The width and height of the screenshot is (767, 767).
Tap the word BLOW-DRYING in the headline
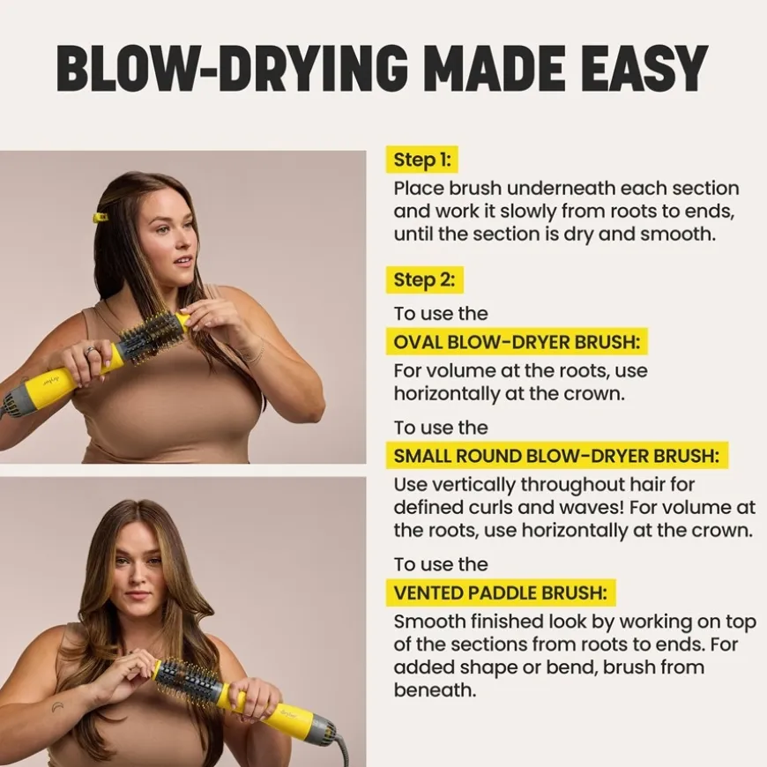[232, 69]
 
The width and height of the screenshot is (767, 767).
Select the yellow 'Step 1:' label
[422, 160]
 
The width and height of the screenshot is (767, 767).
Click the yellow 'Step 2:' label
[425, 279]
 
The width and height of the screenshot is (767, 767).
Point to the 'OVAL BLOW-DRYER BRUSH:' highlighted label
[517, 341]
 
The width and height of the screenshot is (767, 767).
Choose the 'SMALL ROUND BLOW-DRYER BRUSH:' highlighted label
[556, 456]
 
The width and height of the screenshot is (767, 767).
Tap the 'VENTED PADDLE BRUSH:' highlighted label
[501, 592]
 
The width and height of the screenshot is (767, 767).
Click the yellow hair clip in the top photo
[101, 217]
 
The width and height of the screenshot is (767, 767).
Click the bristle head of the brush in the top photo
[153, 331]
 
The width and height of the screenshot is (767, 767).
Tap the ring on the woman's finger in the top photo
[90, 351]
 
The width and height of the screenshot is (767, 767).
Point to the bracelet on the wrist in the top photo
[257, 352]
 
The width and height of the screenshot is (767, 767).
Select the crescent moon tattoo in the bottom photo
[57, 706]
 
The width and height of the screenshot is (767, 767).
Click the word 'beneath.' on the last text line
[435, 689]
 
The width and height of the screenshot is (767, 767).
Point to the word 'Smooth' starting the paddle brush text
[429, 622]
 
